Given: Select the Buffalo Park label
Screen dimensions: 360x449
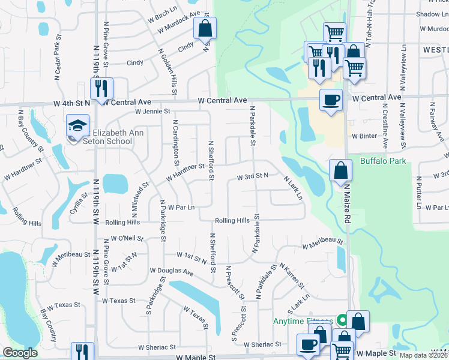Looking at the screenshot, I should click(x=382, y=161).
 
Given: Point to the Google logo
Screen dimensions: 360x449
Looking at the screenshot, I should click(x=20, y=353).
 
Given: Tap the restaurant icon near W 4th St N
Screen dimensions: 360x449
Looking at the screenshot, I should click(x=100, y=88).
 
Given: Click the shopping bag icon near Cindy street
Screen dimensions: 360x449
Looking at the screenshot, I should click(x=205, y=28).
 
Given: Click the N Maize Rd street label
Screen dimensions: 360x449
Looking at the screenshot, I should click(x=347, y=204).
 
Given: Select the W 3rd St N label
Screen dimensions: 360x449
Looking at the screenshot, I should click(x=252, y=177).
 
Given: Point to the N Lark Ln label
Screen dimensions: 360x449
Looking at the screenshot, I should click(x=293, y=188).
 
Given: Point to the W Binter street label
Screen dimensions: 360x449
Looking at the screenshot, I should click(x=364, y=136).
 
